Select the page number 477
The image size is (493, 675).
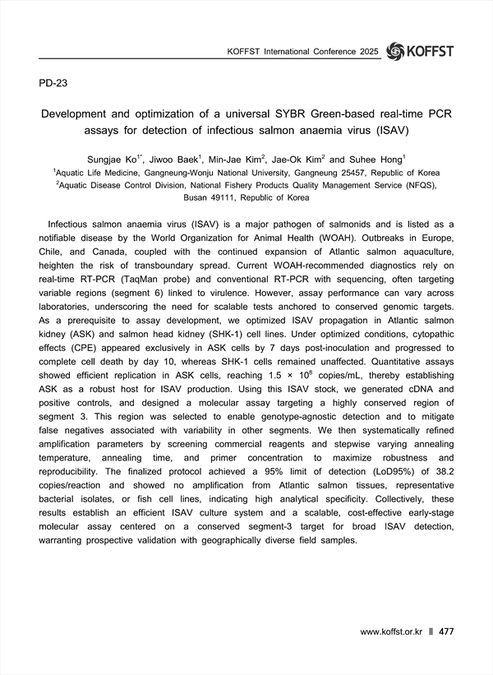[x=447, y=632]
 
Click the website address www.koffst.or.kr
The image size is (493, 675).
[x=390, y=632]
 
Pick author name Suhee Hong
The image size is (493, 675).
[x=379, y=158]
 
